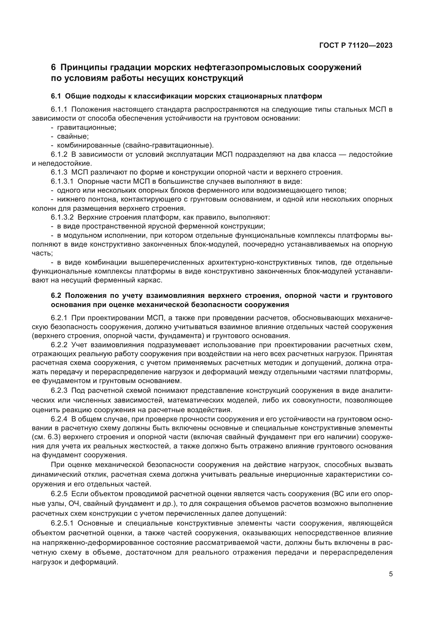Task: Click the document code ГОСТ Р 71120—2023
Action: click(356, 46)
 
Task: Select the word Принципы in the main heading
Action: click(83, 67)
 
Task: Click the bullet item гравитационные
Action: click(87, 128)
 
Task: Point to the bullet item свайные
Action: click(73, 137)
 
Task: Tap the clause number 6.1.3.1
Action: click(62, 181)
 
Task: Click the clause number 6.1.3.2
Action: click(62, 217)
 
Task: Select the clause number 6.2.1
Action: click(59, 318)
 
